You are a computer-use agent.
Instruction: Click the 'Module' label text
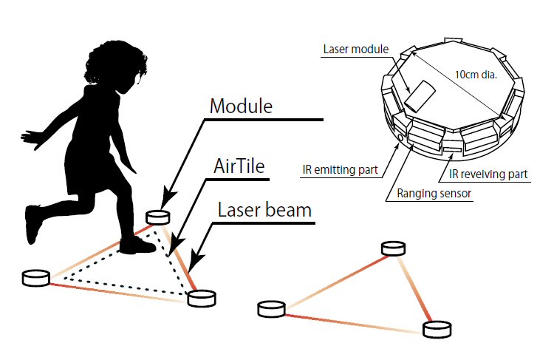[x=241, y=106]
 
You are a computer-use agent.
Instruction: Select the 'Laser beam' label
[x=264, y=209]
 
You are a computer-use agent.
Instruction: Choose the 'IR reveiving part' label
[x=488, y=174]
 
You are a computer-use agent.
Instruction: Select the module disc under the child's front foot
[x=157, y=217]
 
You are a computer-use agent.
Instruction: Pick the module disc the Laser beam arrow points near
[x=201, y=298]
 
